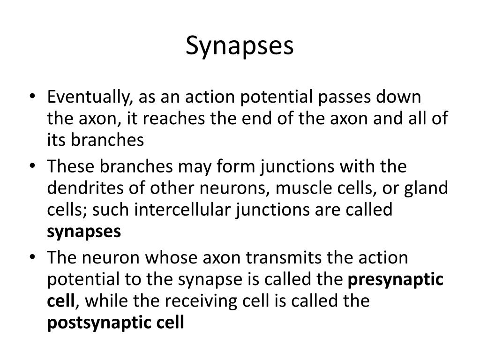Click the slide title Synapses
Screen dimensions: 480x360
click(240, 46)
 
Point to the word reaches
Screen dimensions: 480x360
click(174, 119)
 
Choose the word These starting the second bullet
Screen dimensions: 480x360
click(71, 166)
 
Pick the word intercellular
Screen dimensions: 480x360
click(182, 210)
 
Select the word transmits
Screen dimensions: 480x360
click(284, 258)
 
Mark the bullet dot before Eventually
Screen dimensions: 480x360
click(32, 97)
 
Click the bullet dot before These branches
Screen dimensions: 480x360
click(32, 166)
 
